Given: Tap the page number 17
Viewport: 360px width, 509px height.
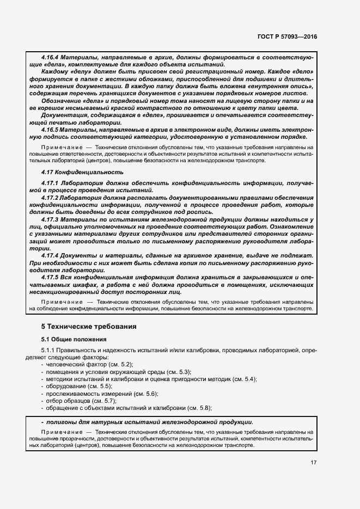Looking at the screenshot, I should (314, 463).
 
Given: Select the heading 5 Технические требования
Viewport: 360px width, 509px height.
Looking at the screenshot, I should (89, 327).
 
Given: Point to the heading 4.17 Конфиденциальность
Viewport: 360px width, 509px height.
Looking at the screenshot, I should (82, 172).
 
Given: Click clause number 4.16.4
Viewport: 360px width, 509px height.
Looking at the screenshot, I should (50, 57).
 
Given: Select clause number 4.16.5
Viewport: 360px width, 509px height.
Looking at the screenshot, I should (50, 129).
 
